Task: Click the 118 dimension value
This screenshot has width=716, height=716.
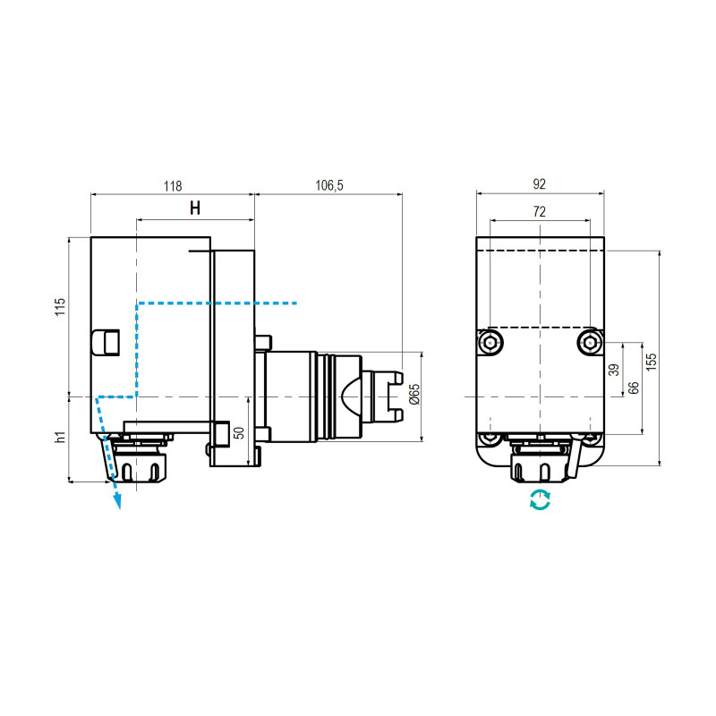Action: (172, 186)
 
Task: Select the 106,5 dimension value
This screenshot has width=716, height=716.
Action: (328, 186)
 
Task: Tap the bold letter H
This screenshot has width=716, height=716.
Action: (194, 209)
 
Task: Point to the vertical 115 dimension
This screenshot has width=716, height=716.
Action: (60, 308)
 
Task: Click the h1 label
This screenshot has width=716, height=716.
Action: (60, 438)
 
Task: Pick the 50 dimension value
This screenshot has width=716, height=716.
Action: (239, 432)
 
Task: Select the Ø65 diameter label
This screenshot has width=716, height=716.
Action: (413, 395)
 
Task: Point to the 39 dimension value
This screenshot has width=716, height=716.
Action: (614, 370)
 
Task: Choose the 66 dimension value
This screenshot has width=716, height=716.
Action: (633, 388)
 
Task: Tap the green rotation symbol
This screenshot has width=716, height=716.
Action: (540, 500)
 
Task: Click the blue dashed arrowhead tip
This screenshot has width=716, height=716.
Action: (117, 506)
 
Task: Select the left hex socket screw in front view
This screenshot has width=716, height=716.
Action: (490, 342)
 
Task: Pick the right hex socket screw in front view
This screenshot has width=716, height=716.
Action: (589, 342)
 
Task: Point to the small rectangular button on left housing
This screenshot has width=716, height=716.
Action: (106, 341)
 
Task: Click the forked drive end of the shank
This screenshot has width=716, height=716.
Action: (392, 395)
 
